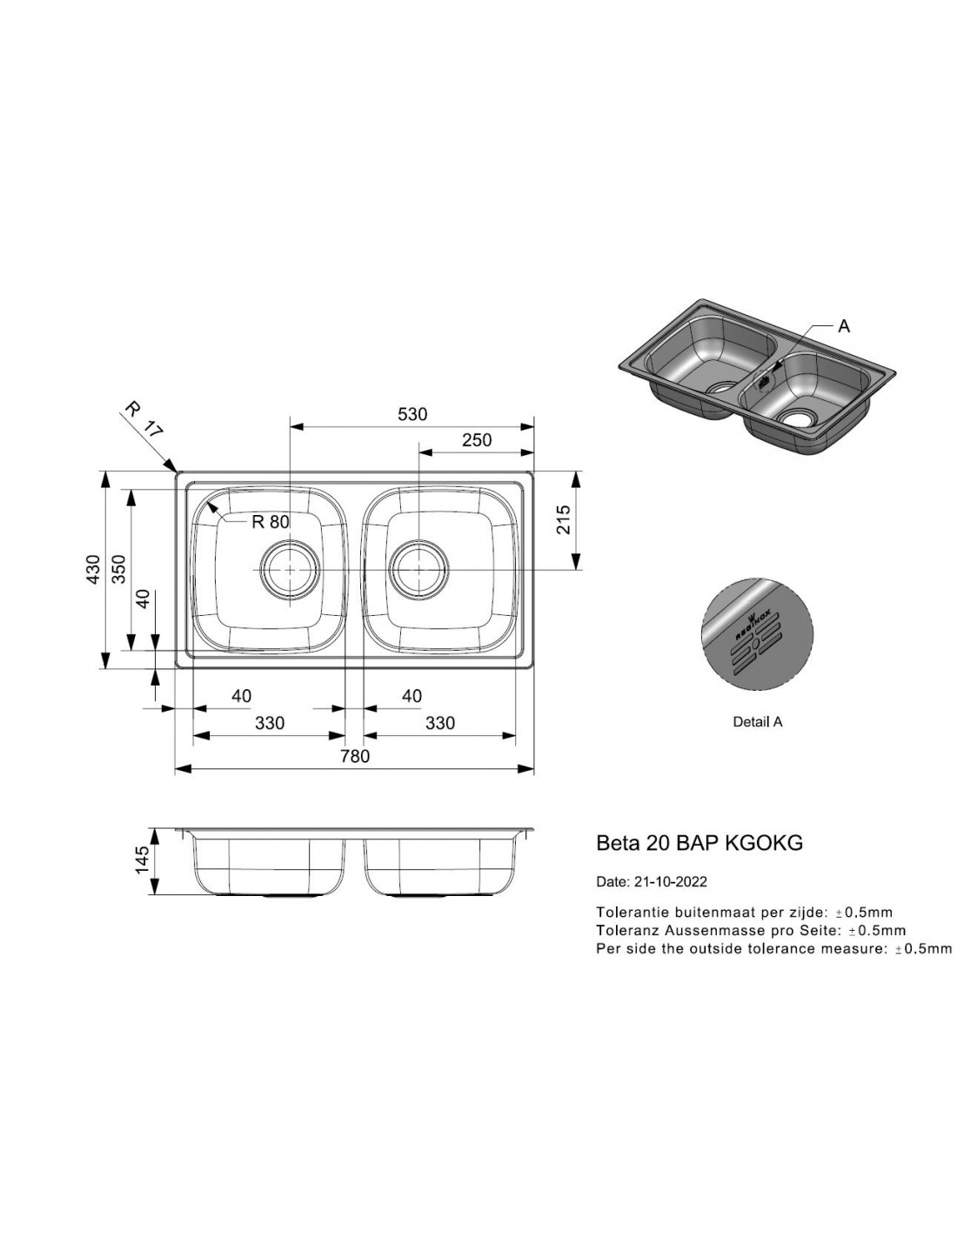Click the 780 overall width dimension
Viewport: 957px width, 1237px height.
point(355,756)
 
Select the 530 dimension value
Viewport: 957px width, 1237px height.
point(412,414)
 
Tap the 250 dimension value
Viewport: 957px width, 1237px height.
point(477,440)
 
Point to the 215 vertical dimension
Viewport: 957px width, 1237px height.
point(563,519)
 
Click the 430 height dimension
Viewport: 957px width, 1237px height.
point(93,569)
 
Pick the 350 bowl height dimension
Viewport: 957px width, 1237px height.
point(118,569)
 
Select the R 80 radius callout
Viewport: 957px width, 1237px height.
point(271,521)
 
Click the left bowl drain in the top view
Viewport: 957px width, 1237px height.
point(291,569)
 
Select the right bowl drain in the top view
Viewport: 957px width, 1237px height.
point(419,569)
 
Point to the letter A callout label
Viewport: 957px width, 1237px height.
point(844,326)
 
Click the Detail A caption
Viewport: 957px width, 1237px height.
point(758,722)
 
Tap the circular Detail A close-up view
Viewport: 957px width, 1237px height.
point(758,635)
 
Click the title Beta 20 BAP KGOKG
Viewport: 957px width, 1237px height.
point(699,843)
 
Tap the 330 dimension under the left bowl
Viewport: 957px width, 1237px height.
point(270,723)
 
